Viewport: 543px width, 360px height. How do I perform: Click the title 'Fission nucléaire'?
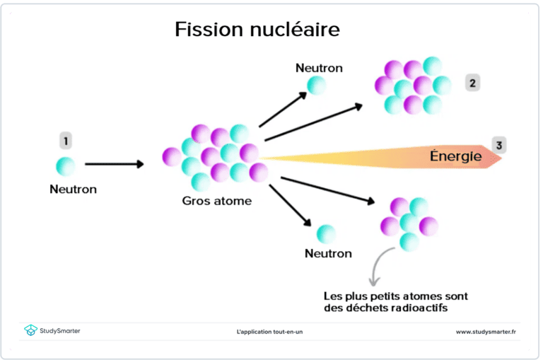257,30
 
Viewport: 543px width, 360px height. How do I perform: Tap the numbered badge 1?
66,141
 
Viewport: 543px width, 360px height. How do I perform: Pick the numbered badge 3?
499,146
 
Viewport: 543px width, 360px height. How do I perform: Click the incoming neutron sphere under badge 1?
66,166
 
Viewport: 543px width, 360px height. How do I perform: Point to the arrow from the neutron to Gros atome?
114,164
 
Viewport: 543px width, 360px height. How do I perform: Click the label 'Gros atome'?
216,201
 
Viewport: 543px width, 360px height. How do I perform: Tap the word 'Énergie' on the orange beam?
456,156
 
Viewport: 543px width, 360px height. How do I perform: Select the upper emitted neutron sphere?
316,85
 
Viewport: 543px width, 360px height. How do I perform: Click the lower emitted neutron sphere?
326,233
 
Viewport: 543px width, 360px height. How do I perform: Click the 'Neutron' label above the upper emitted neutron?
319,68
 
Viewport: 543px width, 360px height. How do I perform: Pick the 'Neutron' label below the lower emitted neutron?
328,252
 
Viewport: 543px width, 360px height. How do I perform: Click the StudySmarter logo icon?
30,330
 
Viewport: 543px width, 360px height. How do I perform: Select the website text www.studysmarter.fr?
487,331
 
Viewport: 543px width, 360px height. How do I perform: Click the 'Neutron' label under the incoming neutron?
73,190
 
